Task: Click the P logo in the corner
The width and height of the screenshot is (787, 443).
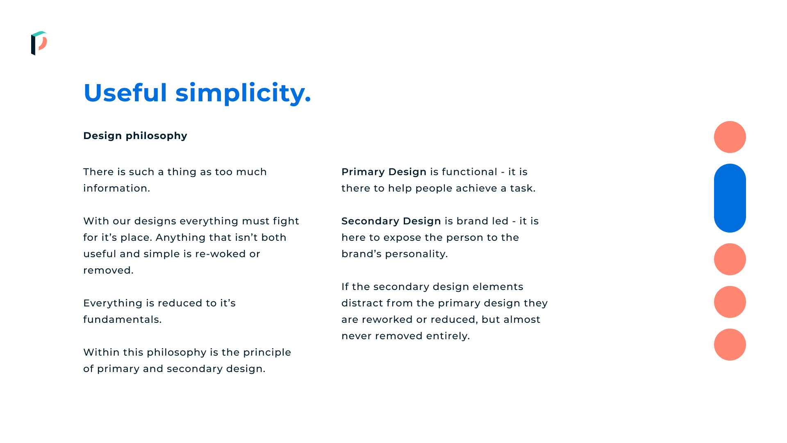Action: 39,43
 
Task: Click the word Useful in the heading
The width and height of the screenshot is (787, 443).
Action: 125,93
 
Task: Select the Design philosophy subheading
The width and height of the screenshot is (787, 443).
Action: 135,136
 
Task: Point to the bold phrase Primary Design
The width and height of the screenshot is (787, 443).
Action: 384,172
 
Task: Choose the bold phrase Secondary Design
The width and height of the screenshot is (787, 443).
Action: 391,221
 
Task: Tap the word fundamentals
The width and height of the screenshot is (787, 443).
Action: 123,320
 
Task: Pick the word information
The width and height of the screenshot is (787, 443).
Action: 117,188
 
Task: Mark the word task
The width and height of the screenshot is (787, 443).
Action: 523,188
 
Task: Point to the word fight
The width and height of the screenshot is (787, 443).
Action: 286,221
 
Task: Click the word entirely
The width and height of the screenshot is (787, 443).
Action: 448,336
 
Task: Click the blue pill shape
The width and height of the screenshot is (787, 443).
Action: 730,198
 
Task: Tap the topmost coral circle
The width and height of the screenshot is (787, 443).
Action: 730,137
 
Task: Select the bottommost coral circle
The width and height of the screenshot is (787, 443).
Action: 730,345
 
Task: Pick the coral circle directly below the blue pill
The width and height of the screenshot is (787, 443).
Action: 730,259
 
